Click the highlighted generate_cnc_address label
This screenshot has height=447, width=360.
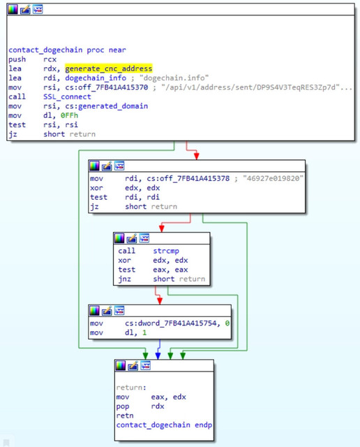(109, 68)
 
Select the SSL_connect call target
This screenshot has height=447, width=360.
(67, 96)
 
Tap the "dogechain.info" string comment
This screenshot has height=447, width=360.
(174, 78)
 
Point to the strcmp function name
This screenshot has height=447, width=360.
(166, 251)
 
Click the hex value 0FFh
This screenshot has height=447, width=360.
(69, 115)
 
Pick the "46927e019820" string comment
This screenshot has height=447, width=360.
(273, 179)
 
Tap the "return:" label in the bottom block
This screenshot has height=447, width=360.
(131, 388)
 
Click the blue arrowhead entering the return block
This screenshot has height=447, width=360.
(158, 356)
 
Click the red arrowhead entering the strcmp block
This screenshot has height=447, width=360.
(161, 228)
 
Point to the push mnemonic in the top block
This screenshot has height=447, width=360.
(17, 59)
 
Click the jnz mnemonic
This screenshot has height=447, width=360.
(124, 279)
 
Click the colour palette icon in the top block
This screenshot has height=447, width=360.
(13, 9)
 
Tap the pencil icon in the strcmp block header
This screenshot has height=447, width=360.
(132, 238)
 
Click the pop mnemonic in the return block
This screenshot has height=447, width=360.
(123, 406)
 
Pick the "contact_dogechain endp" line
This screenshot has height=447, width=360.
(164, 425)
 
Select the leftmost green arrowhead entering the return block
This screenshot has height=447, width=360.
(146, 356)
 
